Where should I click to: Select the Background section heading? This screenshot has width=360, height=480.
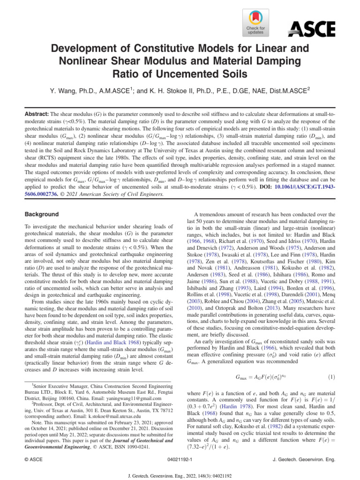click(42, 214)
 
